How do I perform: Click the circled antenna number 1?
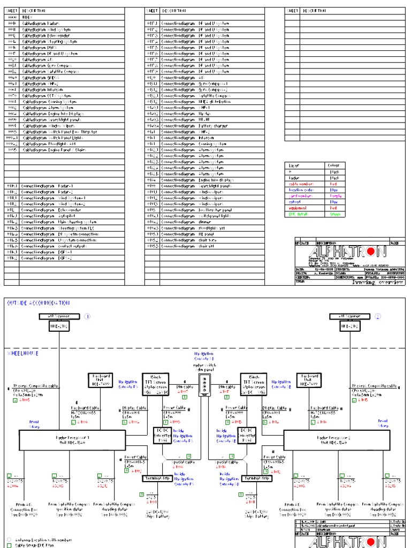pos(88,316)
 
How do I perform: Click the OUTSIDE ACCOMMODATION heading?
pos(38,303)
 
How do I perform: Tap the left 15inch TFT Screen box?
pos(156,383)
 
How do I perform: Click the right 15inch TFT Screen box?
pos(254,383)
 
